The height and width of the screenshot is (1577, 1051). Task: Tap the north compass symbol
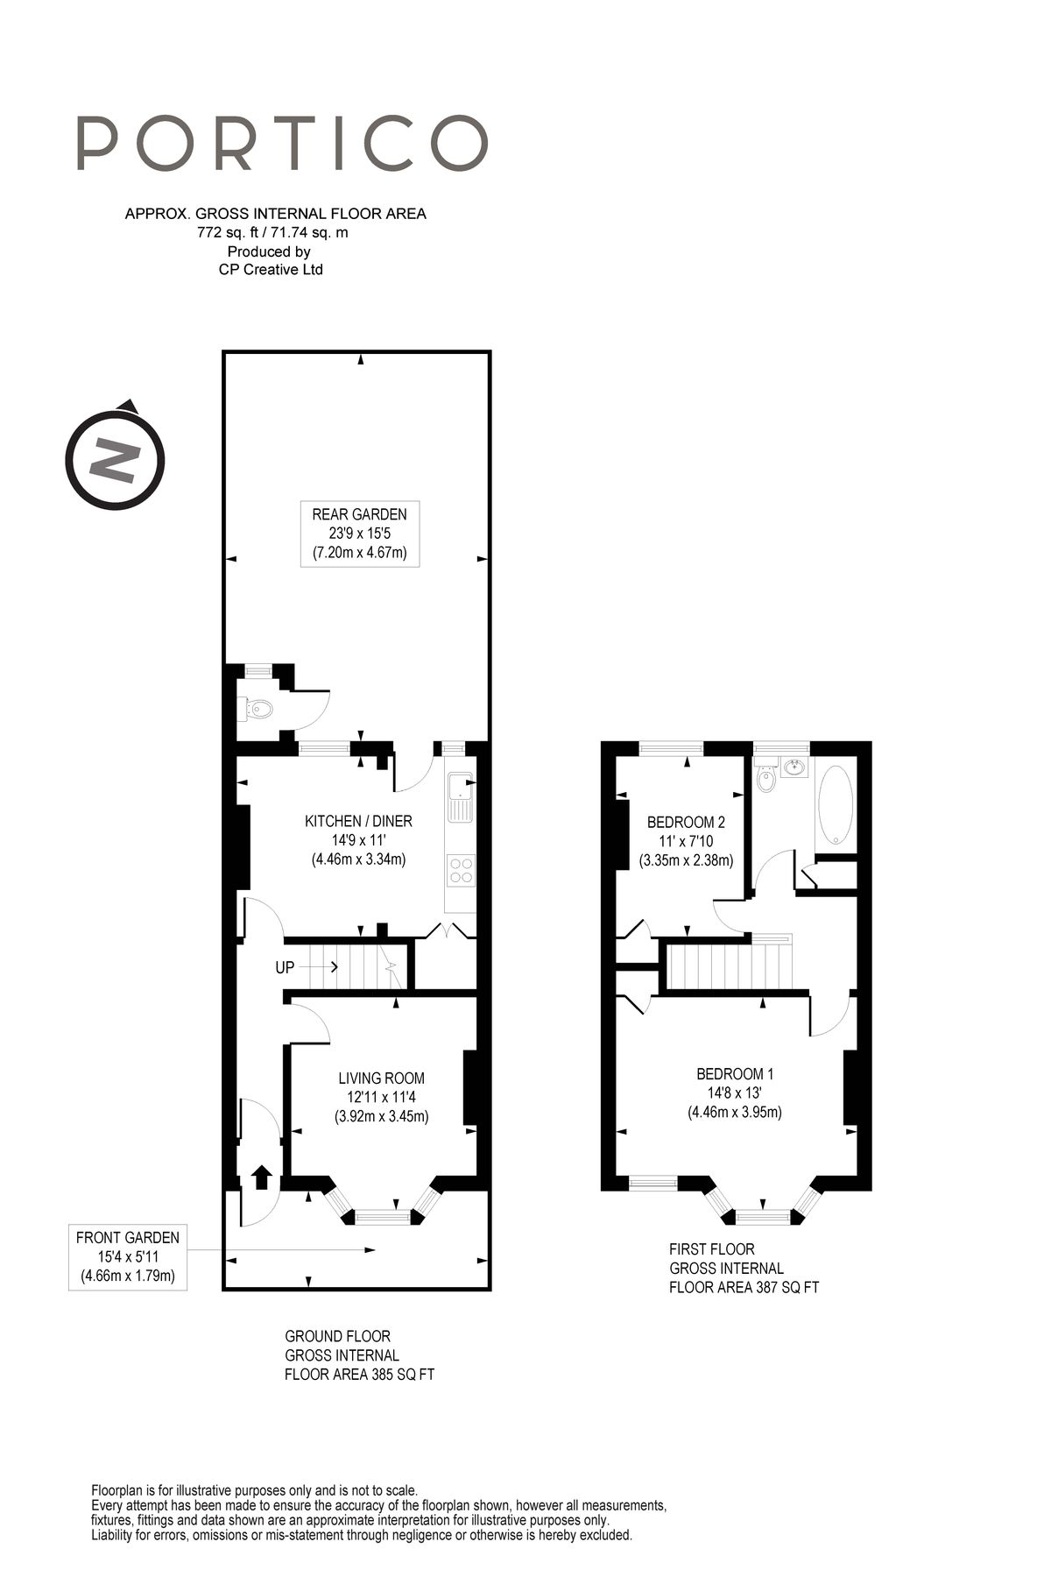[x=115, y=459]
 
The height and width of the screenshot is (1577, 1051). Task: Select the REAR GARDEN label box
[x=359, y=534]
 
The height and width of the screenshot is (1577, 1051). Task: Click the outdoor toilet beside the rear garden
[x=254, y=708]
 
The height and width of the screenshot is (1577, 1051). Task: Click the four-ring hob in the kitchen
[x=461, y=869]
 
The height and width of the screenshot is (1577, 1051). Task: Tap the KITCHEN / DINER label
[x=358, y=821]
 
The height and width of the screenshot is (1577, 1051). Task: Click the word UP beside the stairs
[x=285, y=968]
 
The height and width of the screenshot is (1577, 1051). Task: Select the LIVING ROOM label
[x=381, y=1078]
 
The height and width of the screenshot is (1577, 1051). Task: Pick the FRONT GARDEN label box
[x=128, y=1257]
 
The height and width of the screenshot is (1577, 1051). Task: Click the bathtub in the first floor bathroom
[x=836, y=805]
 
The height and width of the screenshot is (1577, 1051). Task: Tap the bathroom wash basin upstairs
[x=795, y=768]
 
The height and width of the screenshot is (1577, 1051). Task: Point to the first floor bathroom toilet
[x=765, y=779]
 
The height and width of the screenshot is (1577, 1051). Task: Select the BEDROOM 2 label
[x=686, y=823]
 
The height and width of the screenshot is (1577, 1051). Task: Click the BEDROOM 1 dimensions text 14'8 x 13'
[x=734, y=1093]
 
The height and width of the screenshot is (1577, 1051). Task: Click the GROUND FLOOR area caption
[x=359, y=1355]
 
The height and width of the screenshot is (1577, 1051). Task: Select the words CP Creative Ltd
[x=271, y=270]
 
